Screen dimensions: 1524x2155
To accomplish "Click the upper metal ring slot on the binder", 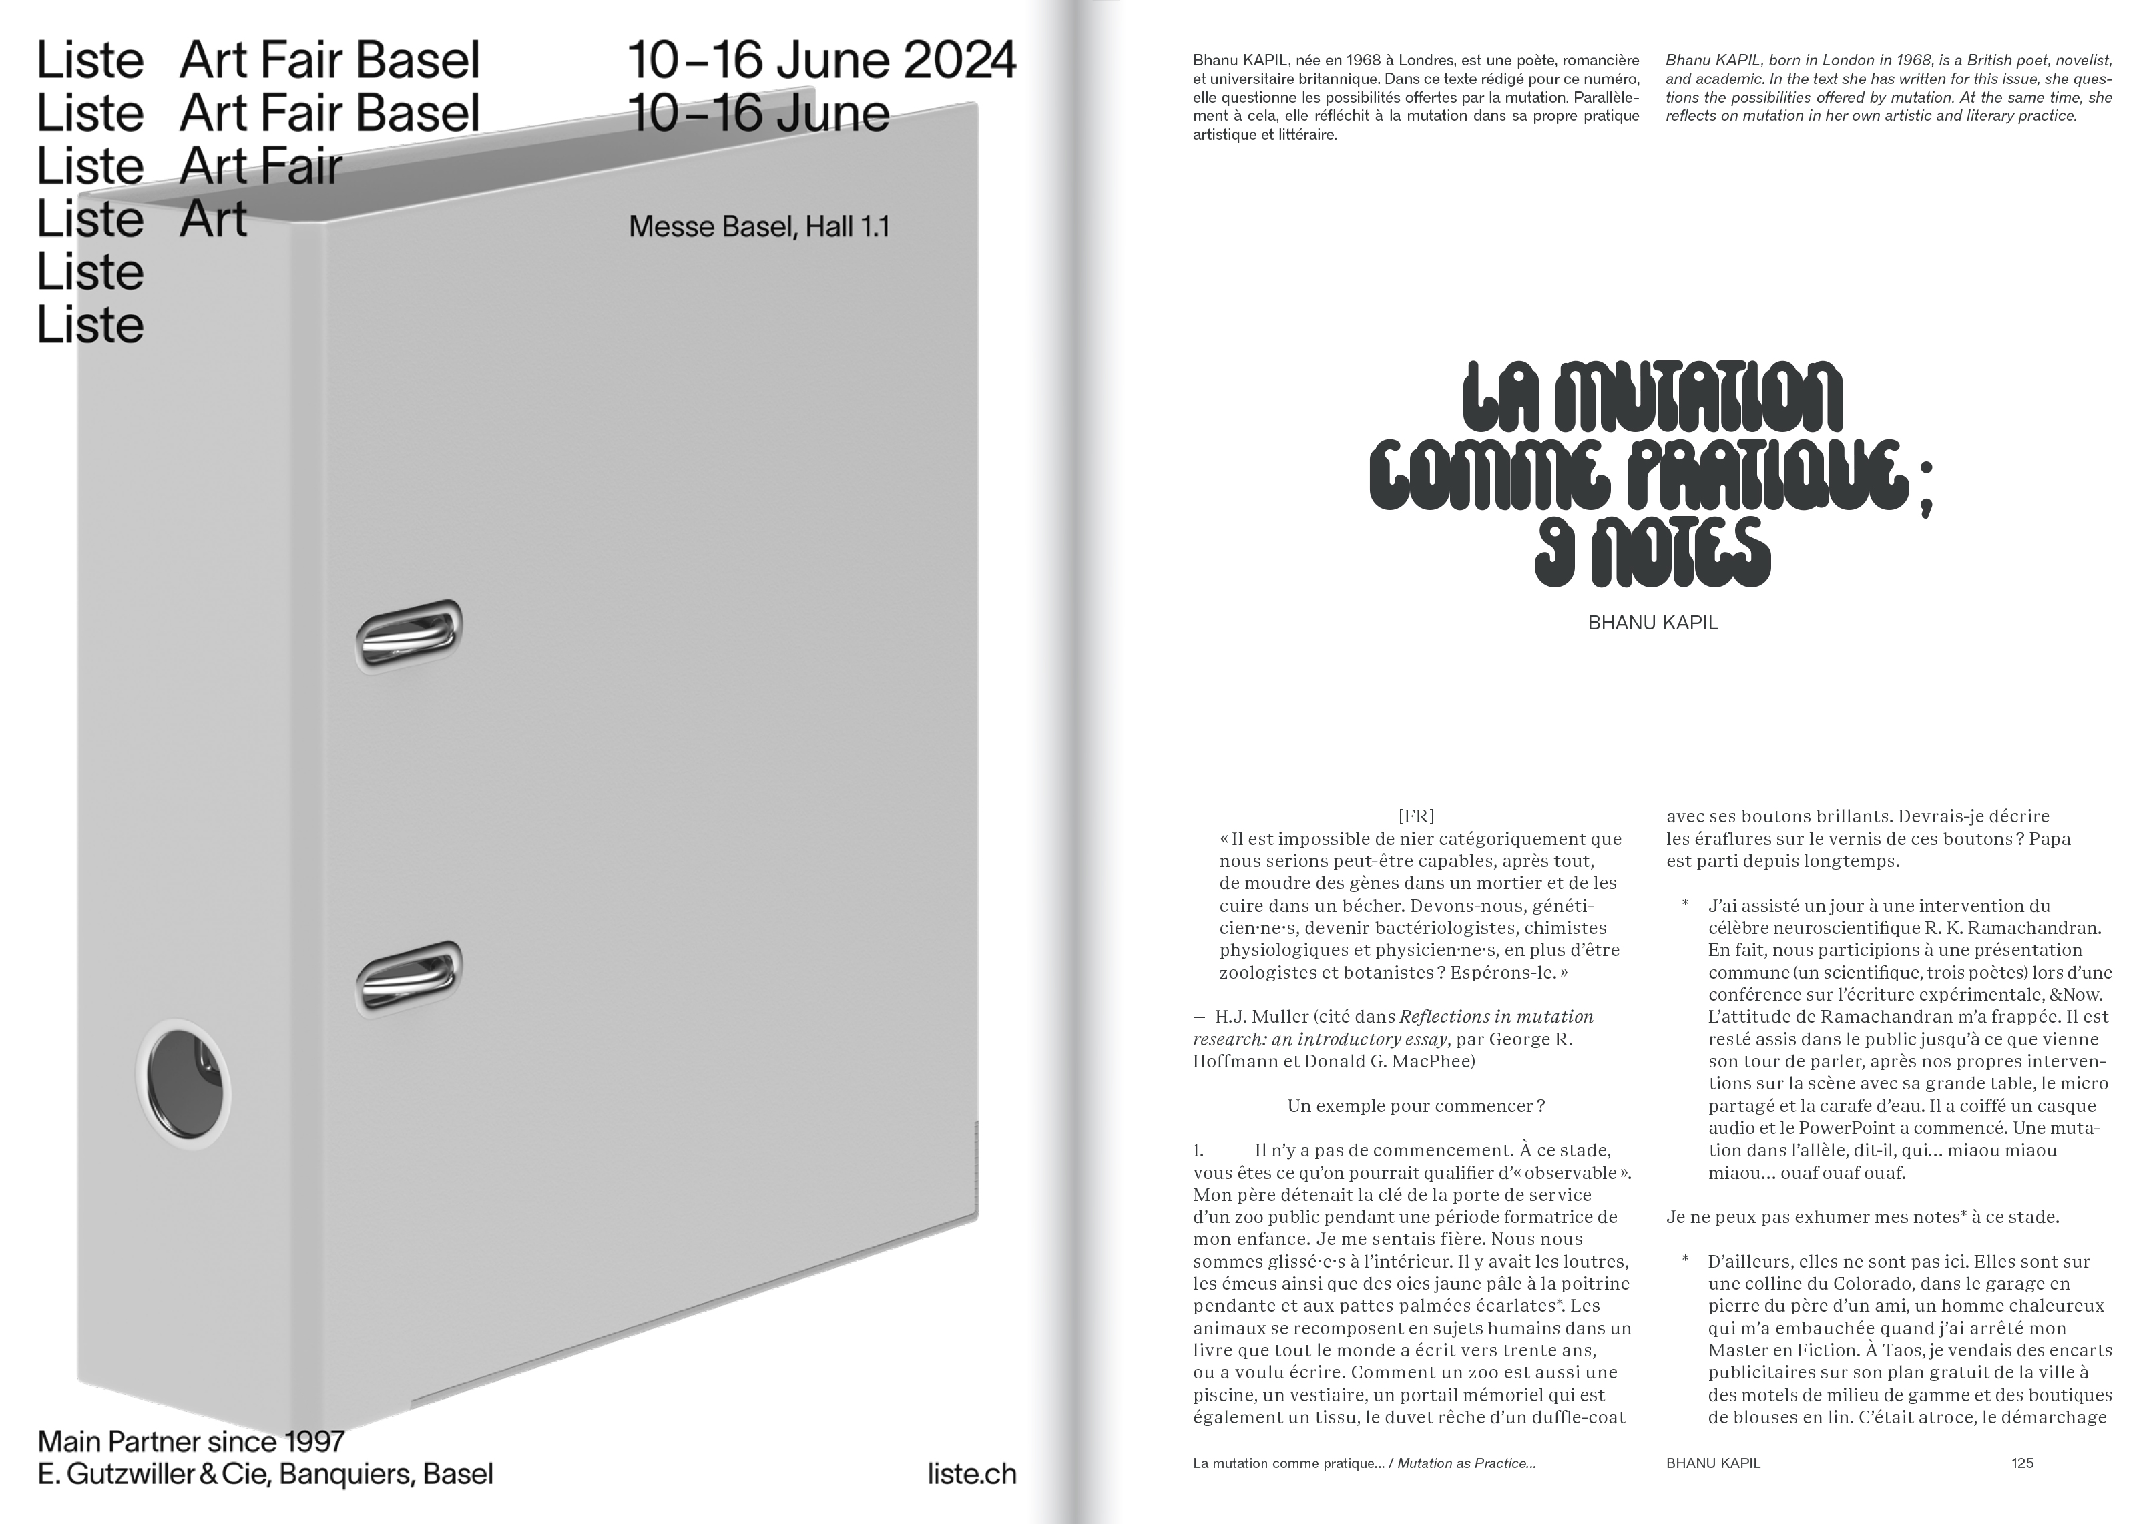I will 409,636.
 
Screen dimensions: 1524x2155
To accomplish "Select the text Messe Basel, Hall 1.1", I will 758,227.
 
